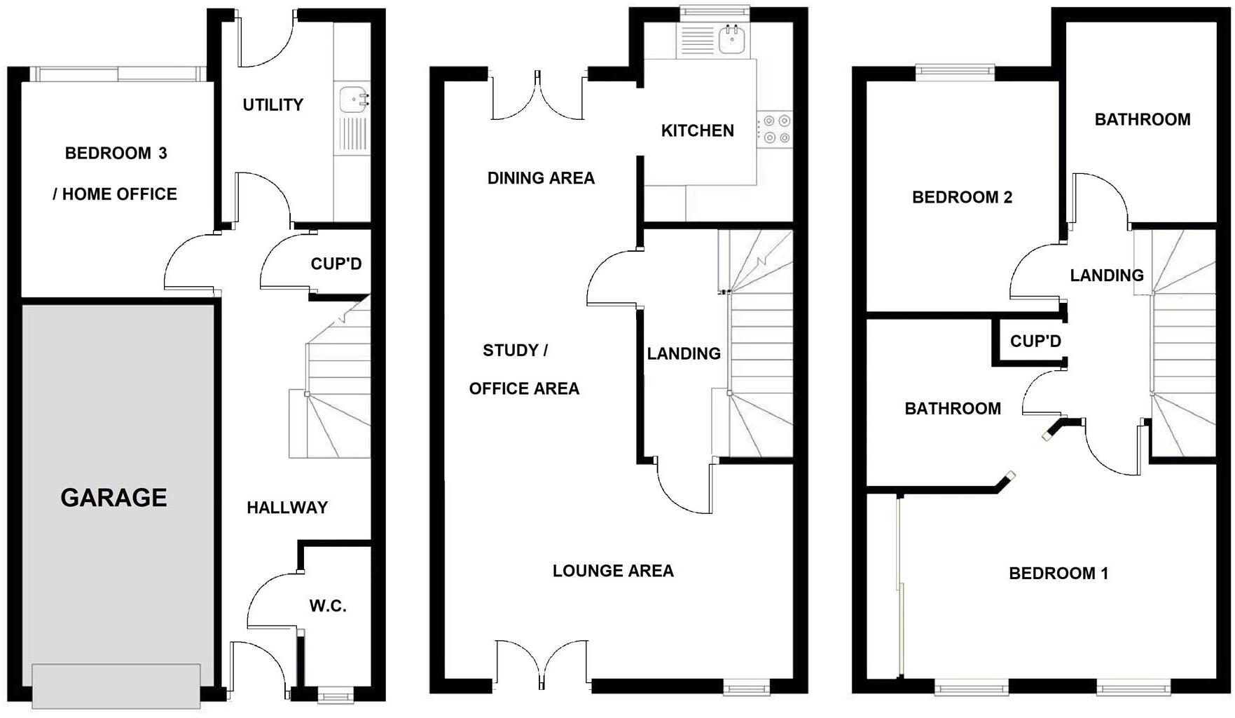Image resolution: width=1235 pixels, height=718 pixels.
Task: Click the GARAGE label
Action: (x=113, y=498)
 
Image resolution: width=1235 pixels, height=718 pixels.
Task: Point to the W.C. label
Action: (x=328, y=606)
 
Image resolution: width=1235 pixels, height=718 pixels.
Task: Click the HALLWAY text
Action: (x=287, y=508)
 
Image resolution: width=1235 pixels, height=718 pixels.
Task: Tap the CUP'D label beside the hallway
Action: (x=336, y=264)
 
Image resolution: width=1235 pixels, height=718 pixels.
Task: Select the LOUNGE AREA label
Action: (x=613, y=571)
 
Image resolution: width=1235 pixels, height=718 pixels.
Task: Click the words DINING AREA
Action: (x=541, y=178)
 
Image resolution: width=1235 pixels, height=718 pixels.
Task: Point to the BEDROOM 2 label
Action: (x=962, y=197)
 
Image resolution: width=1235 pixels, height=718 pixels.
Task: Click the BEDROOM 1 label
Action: (x=1058, y=574)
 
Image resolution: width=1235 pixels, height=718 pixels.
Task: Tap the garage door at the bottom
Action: (x=116, y=686)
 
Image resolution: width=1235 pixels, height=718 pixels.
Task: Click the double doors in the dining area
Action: (x=538, y=97)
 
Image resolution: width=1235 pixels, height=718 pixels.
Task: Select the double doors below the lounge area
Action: (x=541, y=663)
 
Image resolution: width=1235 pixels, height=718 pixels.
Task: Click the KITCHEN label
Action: (x=698, y=130)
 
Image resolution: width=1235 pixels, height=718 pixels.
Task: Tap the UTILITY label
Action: (x=272, y=105)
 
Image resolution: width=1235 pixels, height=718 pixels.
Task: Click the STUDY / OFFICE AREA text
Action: (x=524, y=369)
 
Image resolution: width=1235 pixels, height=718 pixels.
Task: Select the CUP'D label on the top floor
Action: (x=1035, y=341)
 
